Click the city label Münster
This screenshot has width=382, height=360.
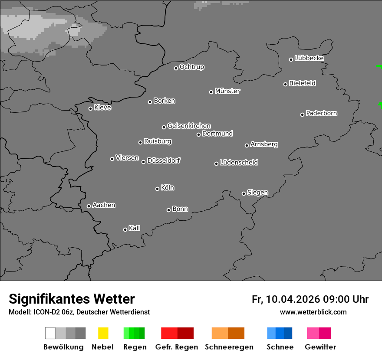click(227, 91)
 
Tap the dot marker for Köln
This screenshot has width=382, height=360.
click(157, 189)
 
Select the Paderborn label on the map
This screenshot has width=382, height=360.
click(321, 113)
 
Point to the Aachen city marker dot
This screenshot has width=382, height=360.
click(89, 206)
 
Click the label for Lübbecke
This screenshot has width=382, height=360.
click(309, 58)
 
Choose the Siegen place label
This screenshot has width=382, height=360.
click(257, 193)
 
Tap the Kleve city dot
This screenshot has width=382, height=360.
click(90, 108)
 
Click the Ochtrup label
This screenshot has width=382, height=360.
click(192, 67)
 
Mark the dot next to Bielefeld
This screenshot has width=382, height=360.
click(285, 84)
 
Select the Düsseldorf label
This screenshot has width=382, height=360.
click(164, 160)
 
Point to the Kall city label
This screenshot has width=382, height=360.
click(135, 228)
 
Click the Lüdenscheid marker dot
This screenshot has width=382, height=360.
click(216, 164)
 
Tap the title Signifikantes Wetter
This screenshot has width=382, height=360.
click(72, 299)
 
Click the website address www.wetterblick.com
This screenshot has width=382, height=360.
click(313, 312)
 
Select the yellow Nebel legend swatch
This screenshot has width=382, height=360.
click(103, 333)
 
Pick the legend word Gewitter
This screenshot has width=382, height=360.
click(320, 347)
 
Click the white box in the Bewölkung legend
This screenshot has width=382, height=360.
click(50, 333)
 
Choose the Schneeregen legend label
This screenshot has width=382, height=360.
click(229, 347)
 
